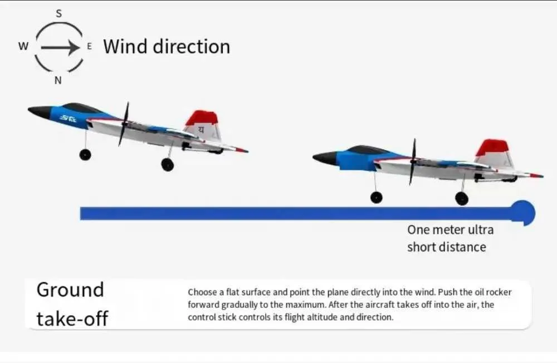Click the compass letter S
click(58, 13)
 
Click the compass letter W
click(23, 46)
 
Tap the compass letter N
click(58, 81)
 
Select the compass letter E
click(89, 46)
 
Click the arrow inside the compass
click(60, 47)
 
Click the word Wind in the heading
click(125, 47)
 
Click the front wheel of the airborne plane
click(85, 155)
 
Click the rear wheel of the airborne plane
click(168, 164)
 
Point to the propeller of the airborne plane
click(124, 124)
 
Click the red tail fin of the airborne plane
click(202, 117)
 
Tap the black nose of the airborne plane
click(40, 111)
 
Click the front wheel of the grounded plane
click(377, 198)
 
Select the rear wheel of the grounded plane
click(461, 199)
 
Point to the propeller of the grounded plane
click(413, 161)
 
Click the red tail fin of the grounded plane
click(492, 148)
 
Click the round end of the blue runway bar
click(523, 213)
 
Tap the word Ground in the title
click(70, 290)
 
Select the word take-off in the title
click(72, 318)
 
